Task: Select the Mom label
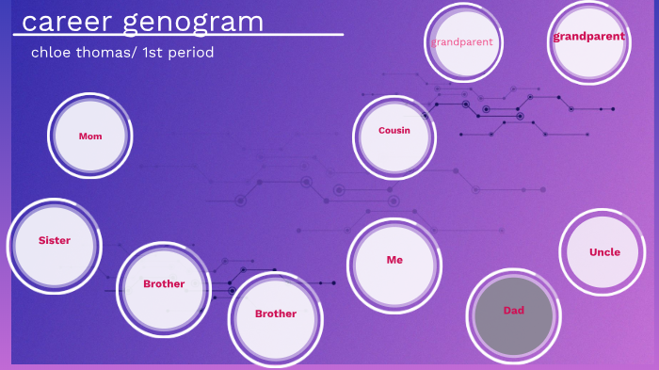[90, 137]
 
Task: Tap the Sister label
[55, 240]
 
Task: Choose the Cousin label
[394, 131]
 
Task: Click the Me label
[394, 260]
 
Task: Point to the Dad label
[514, 310]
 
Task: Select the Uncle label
[604, 252]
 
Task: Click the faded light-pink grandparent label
[462, 42]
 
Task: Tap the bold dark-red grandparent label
[589, 37]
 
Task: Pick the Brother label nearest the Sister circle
[164, 283]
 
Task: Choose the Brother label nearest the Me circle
[276, 314]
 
